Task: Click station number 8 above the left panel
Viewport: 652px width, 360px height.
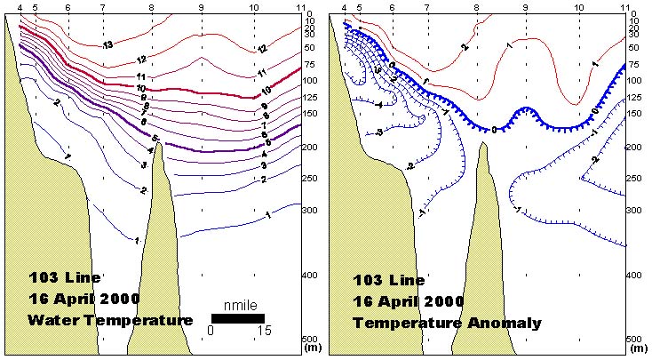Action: tap(151, 7)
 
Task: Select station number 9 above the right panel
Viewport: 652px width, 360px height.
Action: tap(526, 7)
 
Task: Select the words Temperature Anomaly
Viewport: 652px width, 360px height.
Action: tap(447, 324)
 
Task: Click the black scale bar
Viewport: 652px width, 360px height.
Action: tap(238, 317)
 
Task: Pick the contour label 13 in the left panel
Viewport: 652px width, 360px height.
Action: tap(107, 45)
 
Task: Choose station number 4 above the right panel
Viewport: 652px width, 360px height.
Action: tap(344, 7)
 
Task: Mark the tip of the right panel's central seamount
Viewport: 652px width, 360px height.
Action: tap(483, 143)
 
